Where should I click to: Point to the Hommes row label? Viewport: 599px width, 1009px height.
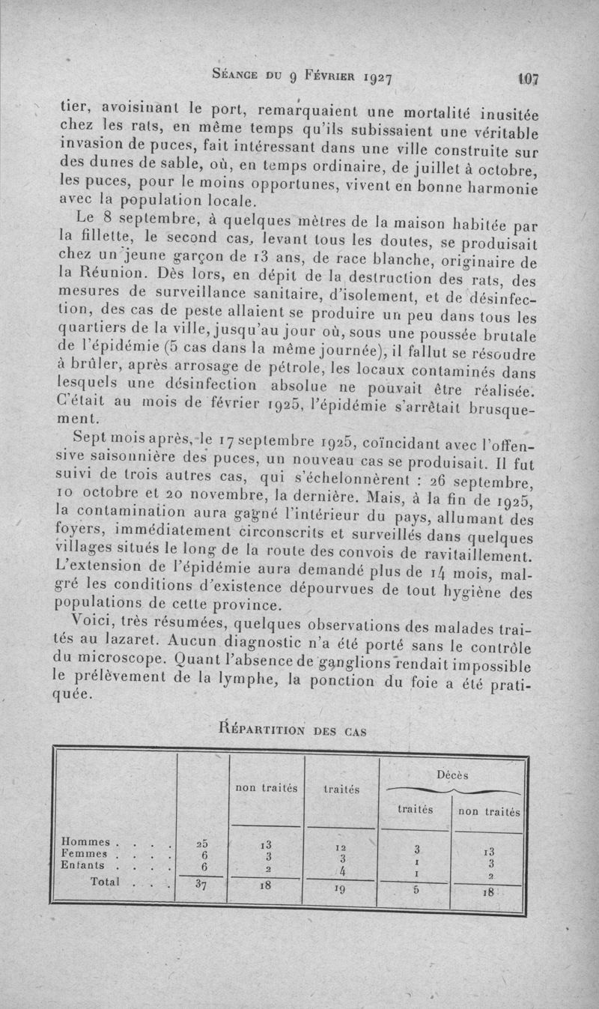coord(85,843)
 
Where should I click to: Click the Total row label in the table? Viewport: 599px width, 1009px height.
coord(106,882)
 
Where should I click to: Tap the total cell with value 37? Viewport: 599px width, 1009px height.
coord(201,884)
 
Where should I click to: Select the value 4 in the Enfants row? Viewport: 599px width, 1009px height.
coord(341,870)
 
